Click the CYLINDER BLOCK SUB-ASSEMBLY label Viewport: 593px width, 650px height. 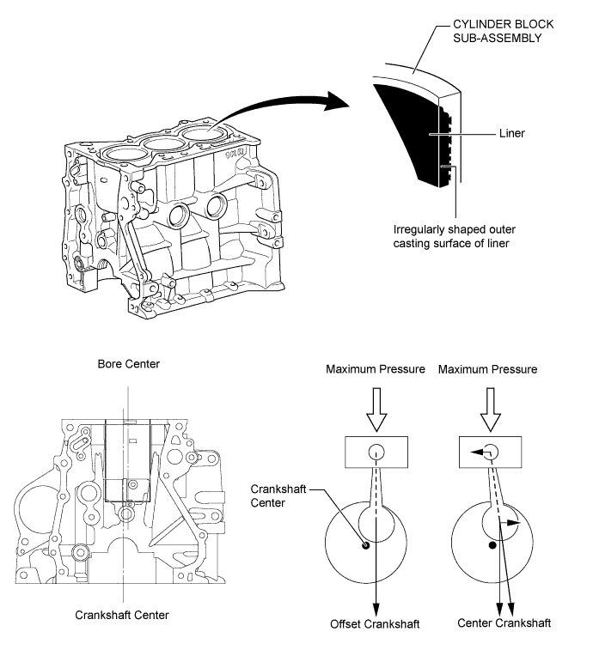[x=503, y=31]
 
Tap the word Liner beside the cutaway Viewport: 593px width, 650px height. [x=511, y=133]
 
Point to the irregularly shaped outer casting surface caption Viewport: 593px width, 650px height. [x=454, y=236]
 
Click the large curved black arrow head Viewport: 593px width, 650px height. [x=337, y=100]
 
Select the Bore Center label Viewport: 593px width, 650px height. [x=129, y=364]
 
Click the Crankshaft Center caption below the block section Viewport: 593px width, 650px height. [x=122, y=615]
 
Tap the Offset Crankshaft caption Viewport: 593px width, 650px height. [x=375, y=624]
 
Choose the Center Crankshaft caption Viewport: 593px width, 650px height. [x=504, y=623]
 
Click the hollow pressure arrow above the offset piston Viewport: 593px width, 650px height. [x=376, y=410]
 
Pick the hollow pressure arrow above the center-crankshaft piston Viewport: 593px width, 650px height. [x=491, y=410]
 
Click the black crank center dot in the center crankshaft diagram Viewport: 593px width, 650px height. [x=492, y=545]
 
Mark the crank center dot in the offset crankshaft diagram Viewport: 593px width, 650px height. [x=365, y=545]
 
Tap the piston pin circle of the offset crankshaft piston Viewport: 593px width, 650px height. [x=376, y=452]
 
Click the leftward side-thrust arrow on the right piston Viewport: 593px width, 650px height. [x=480, y=453]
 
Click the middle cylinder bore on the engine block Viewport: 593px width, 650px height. [x=166, y=144]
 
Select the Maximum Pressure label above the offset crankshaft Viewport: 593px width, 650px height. [x=376, y=369]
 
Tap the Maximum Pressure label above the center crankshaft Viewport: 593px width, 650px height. [x=487, y=369]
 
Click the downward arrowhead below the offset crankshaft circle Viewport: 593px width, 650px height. [x=376, y=609]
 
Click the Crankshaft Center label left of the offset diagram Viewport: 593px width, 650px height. [x=278, y=495]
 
